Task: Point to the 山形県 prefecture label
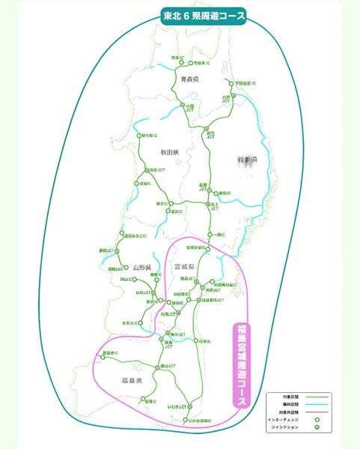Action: click(141, 267)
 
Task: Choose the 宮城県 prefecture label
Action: click(184, 266)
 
